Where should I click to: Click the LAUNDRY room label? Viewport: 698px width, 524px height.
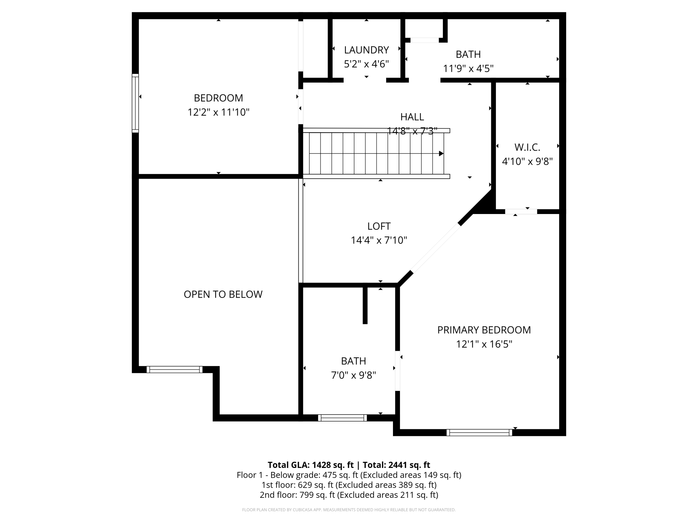click(x=366, y=50)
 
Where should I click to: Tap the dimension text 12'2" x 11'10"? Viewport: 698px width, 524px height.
click(x=218, y=112)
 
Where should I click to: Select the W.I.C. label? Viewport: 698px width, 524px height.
click(x=527, y=147)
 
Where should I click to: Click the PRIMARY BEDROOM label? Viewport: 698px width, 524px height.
click(x=484, y=330)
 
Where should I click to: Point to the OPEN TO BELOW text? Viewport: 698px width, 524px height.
click(x=223, y=294)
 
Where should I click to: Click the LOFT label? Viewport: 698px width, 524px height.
click(x=379, y=226)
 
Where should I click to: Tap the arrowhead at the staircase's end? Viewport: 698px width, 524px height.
click(x=441, y=154)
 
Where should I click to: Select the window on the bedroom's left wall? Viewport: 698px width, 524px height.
click(x=135, y=103)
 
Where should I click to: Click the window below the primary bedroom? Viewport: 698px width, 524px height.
click(x=479, y=433)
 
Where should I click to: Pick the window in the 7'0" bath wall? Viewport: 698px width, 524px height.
click(x=342, y=418)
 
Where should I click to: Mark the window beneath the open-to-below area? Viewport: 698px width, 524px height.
click(x=174, y=369)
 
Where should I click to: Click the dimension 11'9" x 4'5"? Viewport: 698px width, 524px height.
click(x=468, y=69)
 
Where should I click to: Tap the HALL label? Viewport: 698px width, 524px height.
click(x=412, y=117)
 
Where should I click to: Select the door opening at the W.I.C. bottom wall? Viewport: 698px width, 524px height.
click(x=521, y=212)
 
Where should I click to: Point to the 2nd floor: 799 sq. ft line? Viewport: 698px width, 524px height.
click(x=349, y=495)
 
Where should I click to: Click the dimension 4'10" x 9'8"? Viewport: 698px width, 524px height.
click(x=527, y=162)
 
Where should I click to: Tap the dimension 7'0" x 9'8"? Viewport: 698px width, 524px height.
click(x=353, y=375)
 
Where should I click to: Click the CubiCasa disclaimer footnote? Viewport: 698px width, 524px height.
click(x=349, y=510)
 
